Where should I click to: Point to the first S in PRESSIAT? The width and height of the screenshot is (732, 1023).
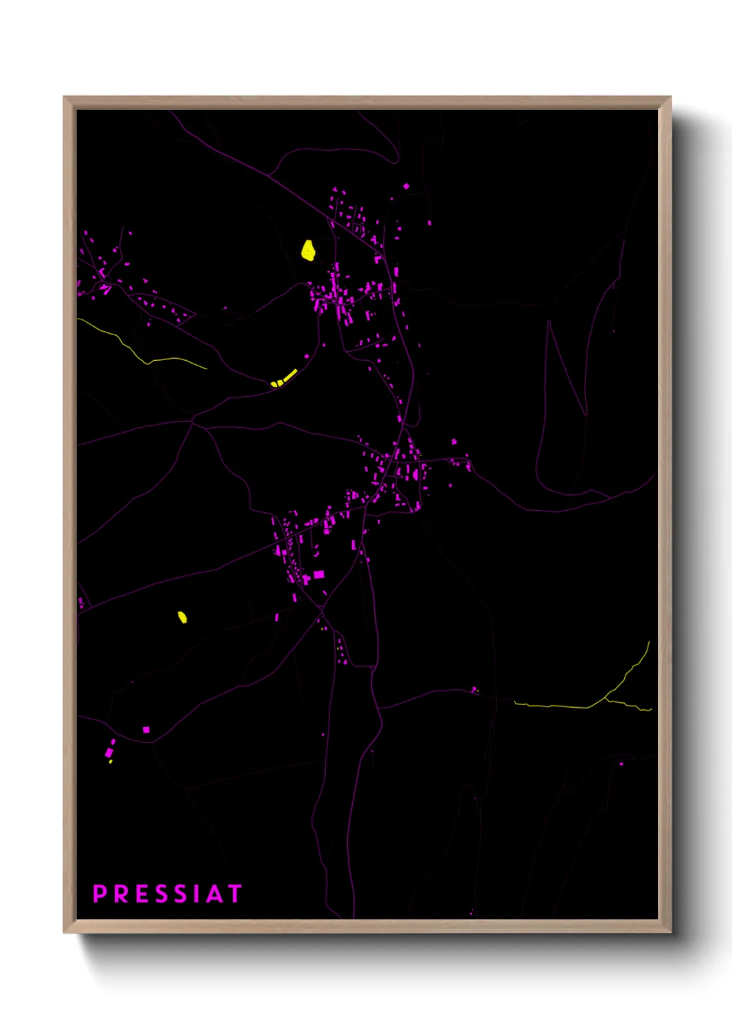[x=161, y=893]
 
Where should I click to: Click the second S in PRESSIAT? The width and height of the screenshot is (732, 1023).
[x=181, y=893]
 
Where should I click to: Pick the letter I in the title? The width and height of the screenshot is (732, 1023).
[x=196, y=893]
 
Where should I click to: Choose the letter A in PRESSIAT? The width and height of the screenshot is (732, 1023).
[x=214, y=893]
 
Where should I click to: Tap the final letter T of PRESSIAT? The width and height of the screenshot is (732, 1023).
[x=234, y=893]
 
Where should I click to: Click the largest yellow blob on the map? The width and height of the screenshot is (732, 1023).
[x=309, y=250]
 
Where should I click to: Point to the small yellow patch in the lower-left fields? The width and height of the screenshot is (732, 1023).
[x=182, y=617]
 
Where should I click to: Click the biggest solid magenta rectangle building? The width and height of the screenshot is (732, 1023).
[x=319, y=574]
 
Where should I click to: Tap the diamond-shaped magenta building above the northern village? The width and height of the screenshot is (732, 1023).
[x=406, y=186]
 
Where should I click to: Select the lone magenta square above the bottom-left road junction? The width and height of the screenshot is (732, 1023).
[x=146, y=729]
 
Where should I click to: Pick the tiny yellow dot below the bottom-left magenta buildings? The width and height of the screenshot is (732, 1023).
[x=111, y=762]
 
